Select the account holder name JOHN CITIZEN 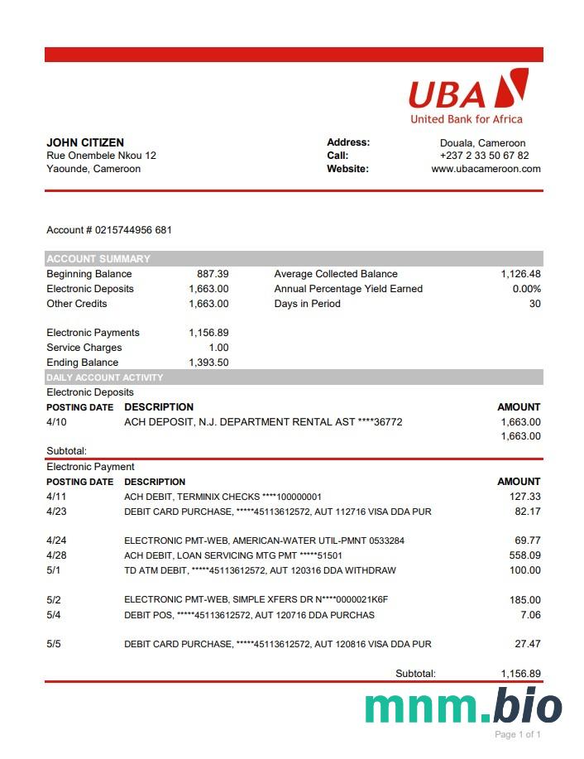pyautogui.click(x=85, y=142)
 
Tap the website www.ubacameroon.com pyautogui.click(x=486, y=169)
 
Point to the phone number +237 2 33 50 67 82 pyautogui.click(x=484, y=156)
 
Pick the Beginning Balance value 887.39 pyautogui.click(x=213, y=274)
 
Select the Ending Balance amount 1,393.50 pyautogui.click(x=208, y=363)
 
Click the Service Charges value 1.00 pyautogui.click(x=218, y=348)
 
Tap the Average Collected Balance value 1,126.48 pyautogui.click(x=520, y=274)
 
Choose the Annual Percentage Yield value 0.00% pyautogui.click(x=526, y=289)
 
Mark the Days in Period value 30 pyautogui.click(x=534, y=304)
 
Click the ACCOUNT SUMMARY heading pyautogui.click(x=98, y=258)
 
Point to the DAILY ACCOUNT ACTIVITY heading pyautogui.click(x=105, y=377)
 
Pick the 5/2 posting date pyautogui.click(x=54, y=600)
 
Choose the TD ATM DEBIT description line pyautogui.click(x=260, y=570)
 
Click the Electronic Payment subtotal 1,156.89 pyautogui.click(x=520, y=674)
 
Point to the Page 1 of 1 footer pyautogui.click(x=517, y=734)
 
